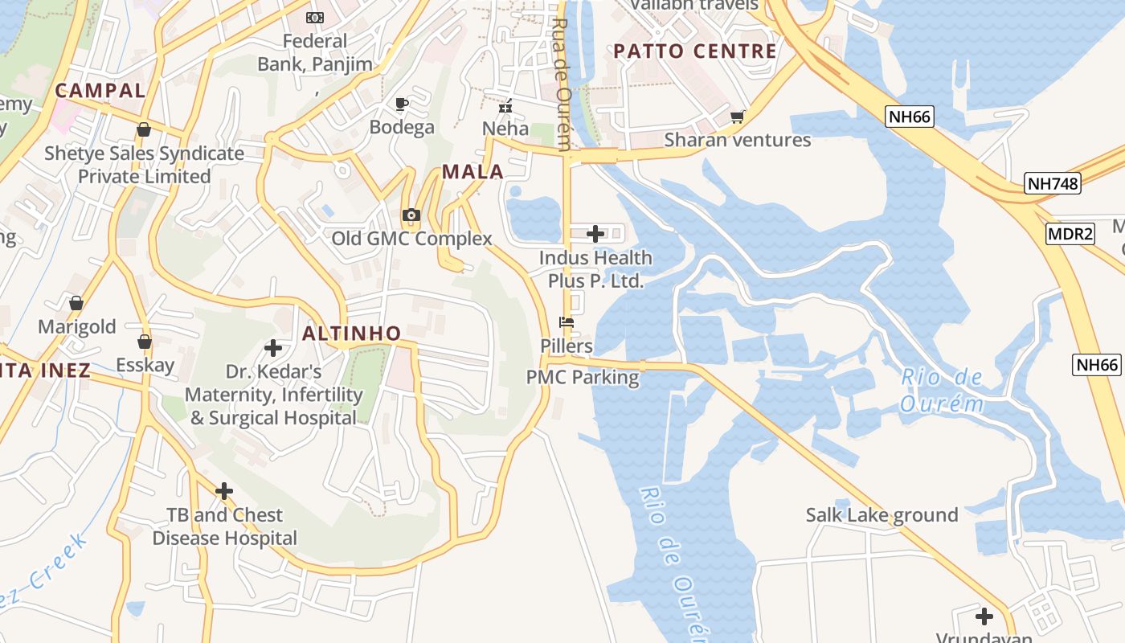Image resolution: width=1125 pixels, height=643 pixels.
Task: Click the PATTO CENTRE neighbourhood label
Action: (x=695, y=51)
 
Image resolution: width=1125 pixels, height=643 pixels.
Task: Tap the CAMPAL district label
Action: (x=100, y=90)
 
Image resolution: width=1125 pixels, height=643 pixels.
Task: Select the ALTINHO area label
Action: (x=351, y=334)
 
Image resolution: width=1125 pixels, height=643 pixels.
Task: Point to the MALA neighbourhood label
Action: (x=472, y=171)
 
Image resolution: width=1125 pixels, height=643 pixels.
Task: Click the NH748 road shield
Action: (x=1053, y=183)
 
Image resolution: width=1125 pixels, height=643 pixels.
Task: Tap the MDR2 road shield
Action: (x=1070, y=234)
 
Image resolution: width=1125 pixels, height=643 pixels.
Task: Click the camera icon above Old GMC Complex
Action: (x=411, y=215)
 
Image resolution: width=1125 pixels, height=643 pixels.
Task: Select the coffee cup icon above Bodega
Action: (x=402, y=104)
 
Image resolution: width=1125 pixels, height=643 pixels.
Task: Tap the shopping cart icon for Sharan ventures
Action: (x=737, y=117)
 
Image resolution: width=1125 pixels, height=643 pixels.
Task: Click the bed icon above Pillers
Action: (x=567, y=322)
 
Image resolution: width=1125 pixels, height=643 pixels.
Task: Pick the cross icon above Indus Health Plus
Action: (x=595, y=234)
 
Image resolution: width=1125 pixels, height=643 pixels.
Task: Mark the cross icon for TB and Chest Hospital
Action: (x=224, y=490)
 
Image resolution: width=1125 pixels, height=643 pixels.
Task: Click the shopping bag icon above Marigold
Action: (x=76, y=303)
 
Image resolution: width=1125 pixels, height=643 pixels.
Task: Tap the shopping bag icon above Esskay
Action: (x=145, y=342)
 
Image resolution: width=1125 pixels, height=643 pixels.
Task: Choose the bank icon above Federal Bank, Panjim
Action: (x=315, y=17)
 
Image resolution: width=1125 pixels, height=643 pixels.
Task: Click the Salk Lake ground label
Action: (x=882, y=515)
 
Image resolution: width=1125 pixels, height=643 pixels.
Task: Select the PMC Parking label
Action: (x=583, y=377)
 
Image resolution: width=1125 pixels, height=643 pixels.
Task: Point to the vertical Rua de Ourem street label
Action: (x=562, y=84)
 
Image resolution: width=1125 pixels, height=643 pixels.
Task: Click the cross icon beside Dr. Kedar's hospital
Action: (x=273, y=348)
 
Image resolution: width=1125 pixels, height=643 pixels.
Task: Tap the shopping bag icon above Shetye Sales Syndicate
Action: (x=144, y=129)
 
